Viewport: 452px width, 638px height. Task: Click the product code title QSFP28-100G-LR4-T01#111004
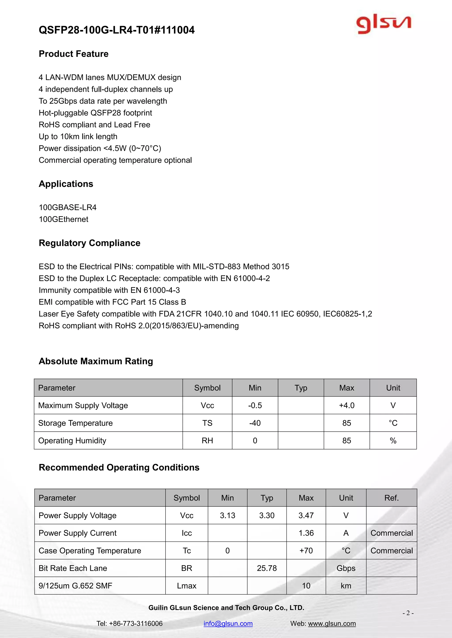click(117, 30)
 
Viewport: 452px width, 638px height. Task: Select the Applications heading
click(66, 184)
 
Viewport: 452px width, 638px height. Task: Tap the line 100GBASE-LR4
click(68, 207)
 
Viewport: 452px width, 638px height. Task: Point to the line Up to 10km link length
click(78, 136)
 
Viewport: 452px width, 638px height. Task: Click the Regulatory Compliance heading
click(89, 243)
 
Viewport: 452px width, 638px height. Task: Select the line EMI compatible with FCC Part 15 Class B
click(112, 302)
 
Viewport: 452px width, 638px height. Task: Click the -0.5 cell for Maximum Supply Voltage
click(255, 405)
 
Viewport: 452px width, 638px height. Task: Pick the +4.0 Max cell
click(347, 405)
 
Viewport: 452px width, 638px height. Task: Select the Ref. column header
click(391, 498)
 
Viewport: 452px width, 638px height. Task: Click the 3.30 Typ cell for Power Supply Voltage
click(267, 516)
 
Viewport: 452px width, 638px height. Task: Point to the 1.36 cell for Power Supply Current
click(306, 533)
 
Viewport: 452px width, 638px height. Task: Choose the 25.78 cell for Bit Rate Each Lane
click(267, 568)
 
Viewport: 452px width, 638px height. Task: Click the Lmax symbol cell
click(186, 586)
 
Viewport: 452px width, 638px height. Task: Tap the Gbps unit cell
click(346, 568)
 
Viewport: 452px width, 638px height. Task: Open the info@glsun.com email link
click(228, 623)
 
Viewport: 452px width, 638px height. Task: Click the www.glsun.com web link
click(332, 623)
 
